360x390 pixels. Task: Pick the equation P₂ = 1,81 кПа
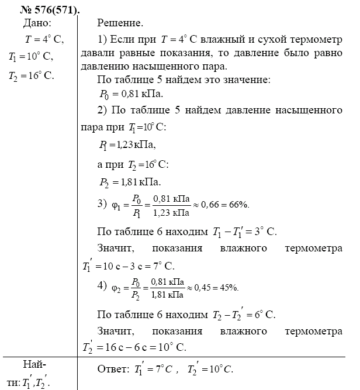click(x=130, y=181)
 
